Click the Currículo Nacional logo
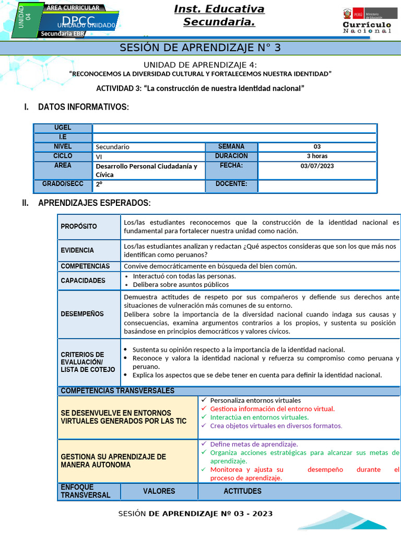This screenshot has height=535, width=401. pos(367,21)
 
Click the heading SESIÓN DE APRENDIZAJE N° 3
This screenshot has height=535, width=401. pos(200,48)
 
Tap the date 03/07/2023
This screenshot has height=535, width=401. pos(317,166)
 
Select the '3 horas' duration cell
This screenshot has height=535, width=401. pos(317,156)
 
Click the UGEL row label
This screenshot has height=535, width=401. pos(63,128)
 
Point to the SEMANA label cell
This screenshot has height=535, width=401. pos(231,146)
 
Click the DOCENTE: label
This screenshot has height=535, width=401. pos(231,184)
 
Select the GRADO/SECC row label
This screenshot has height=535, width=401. pos(63,184)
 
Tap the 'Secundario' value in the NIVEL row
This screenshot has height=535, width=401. pos(112,147)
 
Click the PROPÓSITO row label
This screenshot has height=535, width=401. pos(79,226)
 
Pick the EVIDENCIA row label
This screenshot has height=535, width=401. pos(77,250)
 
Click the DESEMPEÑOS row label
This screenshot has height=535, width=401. pos(82,314)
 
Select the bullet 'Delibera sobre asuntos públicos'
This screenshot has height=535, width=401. pos(181,285)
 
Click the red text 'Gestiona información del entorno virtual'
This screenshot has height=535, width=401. pos(272,409)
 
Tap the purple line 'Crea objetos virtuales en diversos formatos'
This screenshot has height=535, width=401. pos(276,425)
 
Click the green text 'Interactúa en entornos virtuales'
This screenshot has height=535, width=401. pos(259,417)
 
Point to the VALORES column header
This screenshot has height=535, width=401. pos(159,491)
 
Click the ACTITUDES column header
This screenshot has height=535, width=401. pos(242,491)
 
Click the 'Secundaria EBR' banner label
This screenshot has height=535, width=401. pos(61,34)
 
